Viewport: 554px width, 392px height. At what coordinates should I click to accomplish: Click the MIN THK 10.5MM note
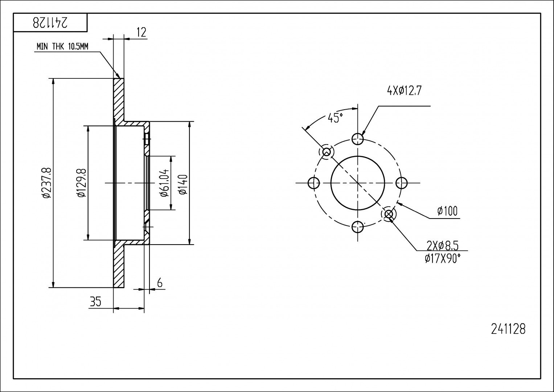pos(62,46)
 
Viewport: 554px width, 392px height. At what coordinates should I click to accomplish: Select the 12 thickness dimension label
pos(141,32)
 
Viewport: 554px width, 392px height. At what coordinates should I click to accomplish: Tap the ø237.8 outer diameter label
pos(46,183)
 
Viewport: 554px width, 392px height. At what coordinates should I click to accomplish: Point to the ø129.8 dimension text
pos(82,183)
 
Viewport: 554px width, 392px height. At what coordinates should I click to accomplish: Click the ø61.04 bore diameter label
pos(165,183)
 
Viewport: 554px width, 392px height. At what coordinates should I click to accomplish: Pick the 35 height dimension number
pos(95,302)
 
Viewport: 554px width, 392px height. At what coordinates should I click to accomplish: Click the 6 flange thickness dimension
pos(160,283)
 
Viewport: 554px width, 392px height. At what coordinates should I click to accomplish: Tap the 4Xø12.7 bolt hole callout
pos(404,91)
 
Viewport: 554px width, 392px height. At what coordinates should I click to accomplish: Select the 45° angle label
pos(335,118)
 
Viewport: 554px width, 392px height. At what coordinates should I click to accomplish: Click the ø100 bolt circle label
pos(447,211)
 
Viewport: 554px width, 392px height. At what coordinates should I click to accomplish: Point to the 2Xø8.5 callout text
pos(443,246)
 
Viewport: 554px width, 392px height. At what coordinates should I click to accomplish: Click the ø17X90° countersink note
pos(443,259)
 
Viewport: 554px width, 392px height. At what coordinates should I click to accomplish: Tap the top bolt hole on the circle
pos(358,139)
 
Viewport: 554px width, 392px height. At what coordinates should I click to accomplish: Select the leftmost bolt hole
pos(313,183)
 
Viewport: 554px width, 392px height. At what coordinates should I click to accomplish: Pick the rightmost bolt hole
pos(402,183)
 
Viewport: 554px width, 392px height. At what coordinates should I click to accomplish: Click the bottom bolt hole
pos(358,227)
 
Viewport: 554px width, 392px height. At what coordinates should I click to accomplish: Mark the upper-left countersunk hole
pos(327,152)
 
